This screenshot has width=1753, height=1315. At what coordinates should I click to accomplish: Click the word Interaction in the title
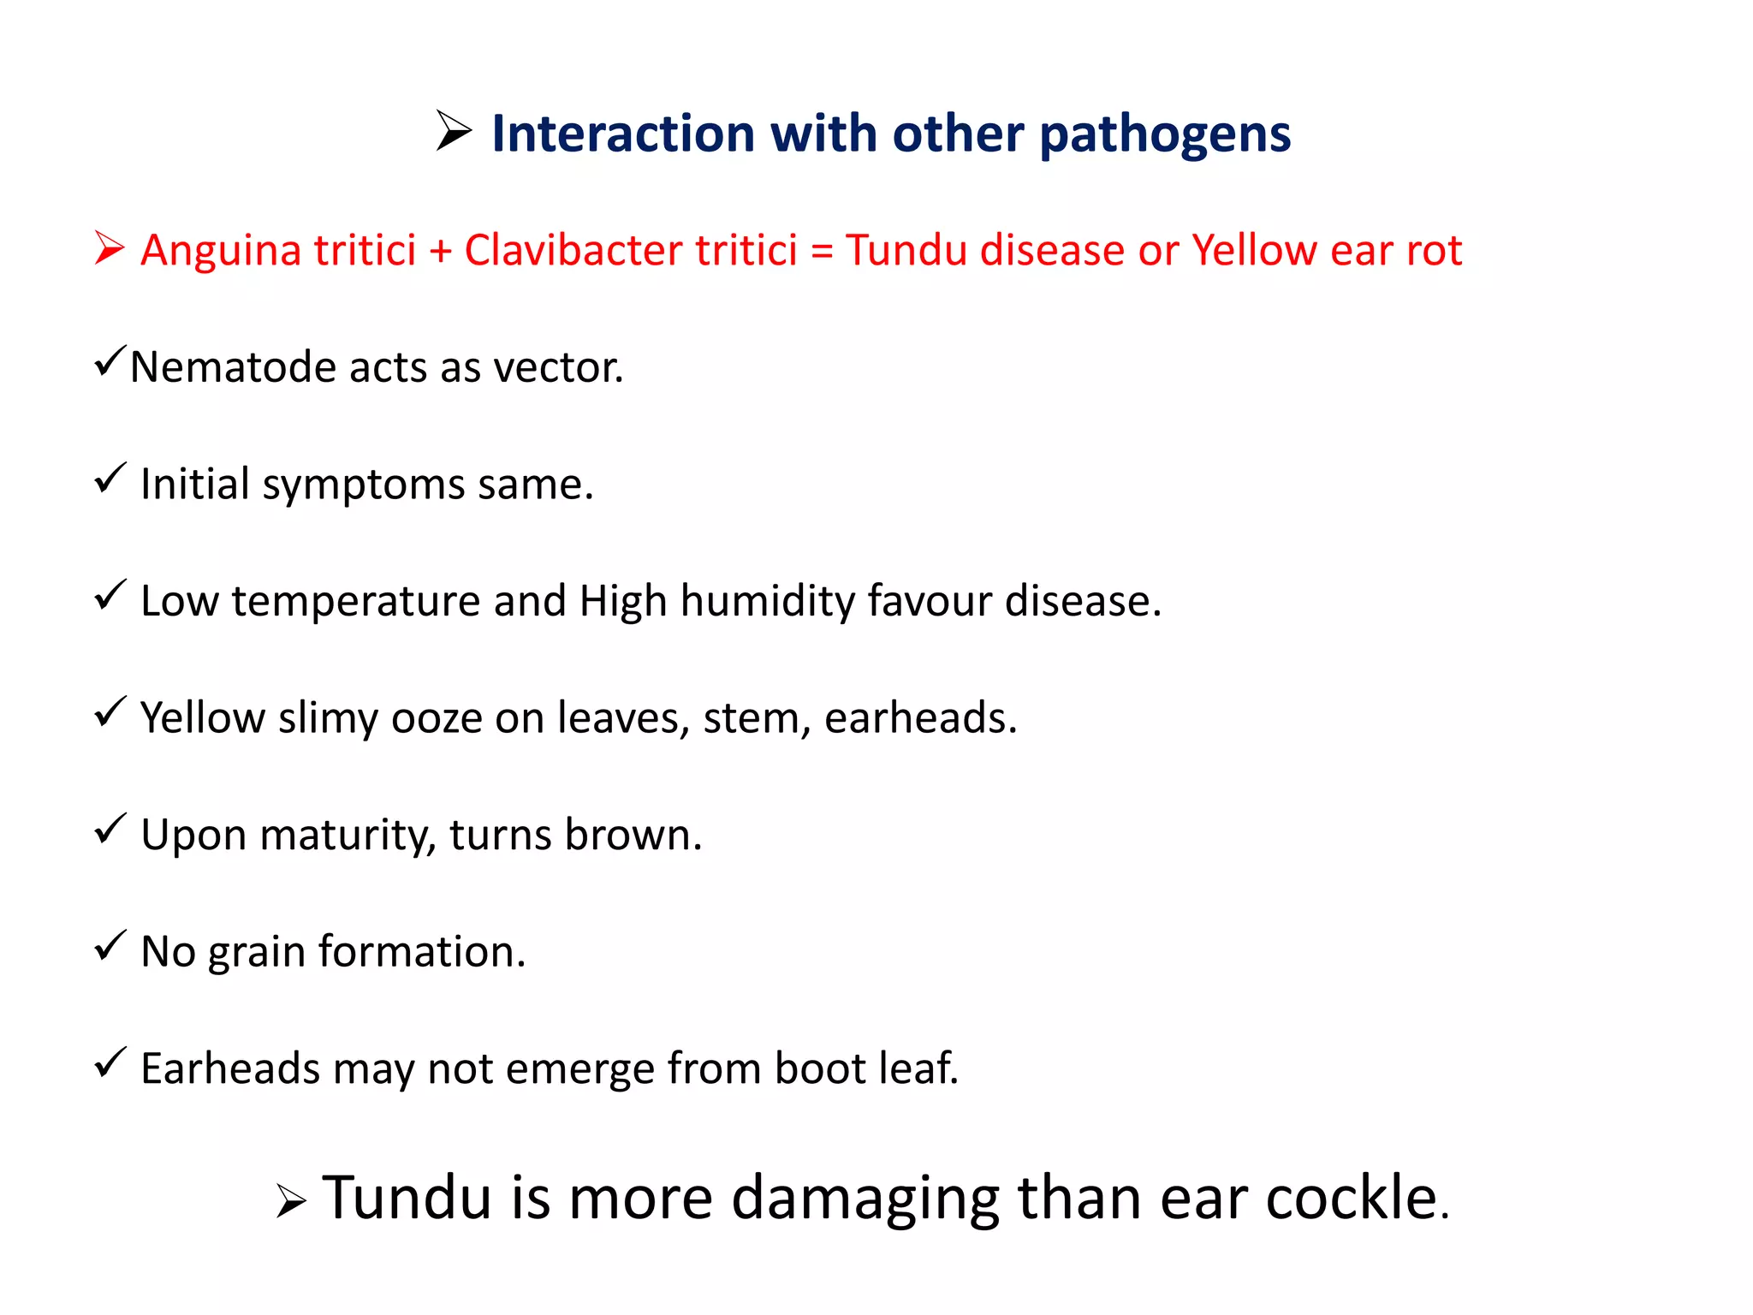click(623, 134)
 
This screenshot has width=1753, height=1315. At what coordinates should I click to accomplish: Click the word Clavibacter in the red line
click(572, 250)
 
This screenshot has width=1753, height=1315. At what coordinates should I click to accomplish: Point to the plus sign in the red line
click(440, 252)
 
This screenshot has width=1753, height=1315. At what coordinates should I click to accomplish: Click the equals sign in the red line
click(822, 252)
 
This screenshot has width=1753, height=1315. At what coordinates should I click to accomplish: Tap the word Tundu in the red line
click(906, 250)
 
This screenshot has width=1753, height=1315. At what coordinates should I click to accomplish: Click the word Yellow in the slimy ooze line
click(203, 717)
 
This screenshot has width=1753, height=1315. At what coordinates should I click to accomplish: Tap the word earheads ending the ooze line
click(920, 717)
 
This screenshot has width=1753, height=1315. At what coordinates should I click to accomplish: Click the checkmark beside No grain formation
click(110, 945)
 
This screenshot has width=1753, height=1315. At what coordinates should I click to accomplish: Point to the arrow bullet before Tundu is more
click(291, 1202)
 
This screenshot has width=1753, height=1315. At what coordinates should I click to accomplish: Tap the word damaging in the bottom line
click(865, 1199)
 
